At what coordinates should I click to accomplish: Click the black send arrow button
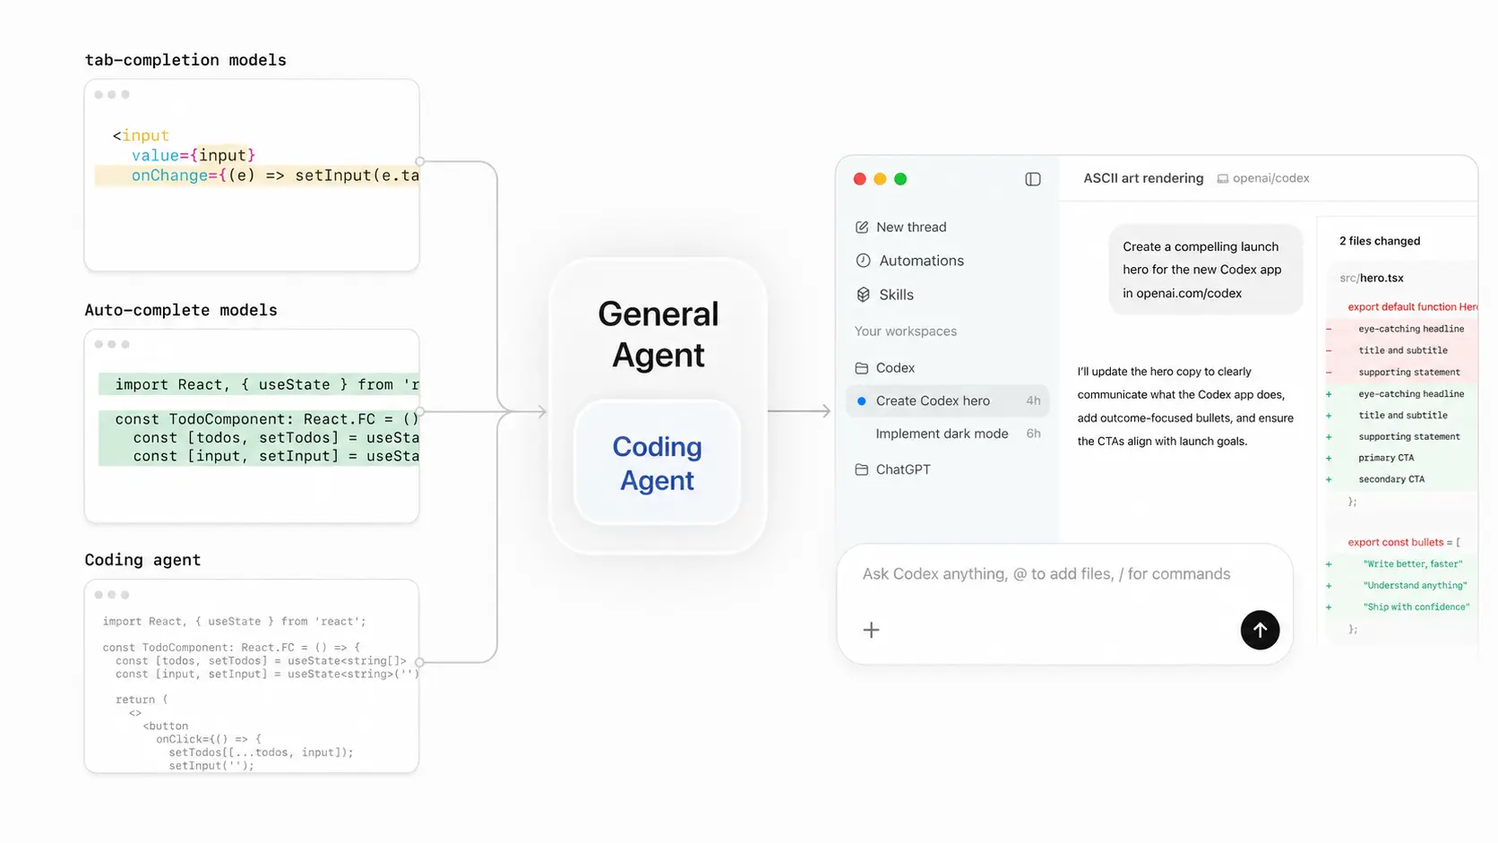tap(1260, 630)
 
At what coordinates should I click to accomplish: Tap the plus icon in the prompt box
tap(871, 630)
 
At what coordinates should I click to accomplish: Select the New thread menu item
tap(900, 228)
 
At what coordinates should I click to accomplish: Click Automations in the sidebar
tap(909, 261)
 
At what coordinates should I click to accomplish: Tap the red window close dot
tap(860, 179)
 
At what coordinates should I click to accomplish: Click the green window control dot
tap(900, 179)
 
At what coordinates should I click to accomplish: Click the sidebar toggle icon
tap(1032, 179)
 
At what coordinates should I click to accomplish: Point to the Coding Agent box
tap(658, 462)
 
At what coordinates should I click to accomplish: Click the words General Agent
tap(658, 334)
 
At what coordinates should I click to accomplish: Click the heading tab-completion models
tap(185, 60)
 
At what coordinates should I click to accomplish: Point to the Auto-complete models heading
tap(181, 310)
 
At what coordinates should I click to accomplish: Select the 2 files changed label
tap(1380, 241)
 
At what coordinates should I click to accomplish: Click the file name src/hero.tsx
tap(1372, 278)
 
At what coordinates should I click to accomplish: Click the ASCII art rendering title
tap(1143, 178)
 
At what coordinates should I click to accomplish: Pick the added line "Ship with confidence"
tap(1416, 607)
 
